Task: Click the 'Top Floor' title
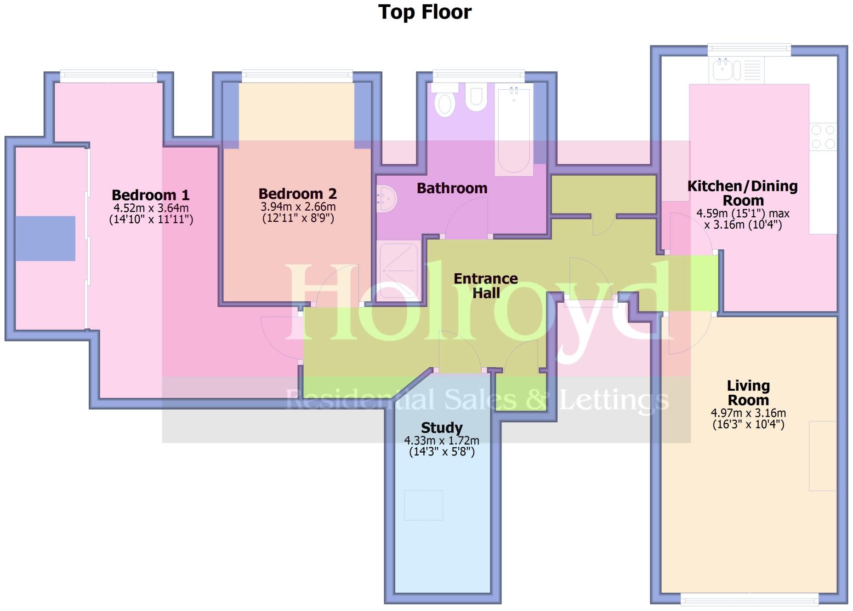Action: click(x=425, y=12)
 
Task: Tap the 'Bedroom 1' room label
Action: click(x=150, y=195)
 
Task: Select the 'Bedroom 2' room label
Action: click(x=297, y=194)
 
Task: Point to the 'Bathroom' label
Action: click(x=452, y=188)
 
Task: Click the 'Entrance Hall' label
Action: click(x=486, y=286)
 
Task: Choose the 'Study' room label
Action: click(x=442, y=428)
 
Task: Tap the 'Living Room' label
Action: click(x=748, y=393)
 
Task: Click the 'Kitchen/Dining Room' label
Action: click(x=743, y=193)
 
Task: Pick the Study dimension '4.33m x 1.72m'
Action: click(x=442, y=441)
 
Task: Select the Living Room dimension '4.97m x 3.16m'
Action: click(x=748, y=413)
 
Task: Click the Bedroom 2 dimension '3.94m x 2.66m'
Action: click(x=298, y=207)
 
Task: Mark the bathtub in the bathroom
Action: click(x=514, y=131)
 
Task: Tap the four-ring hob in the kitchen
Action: click(x=823, y=137)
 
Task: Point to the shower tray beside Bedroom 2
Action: click(x=398, y=271)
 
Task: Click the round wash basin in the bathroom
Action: click(x=386, y=199)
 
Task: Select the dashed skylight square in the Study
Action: click(x=423, y=505)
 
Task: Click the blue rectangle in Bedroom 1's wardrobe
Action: click(x=45, y=238)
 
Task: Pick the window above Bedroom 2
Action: click(x=297, y=75)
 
